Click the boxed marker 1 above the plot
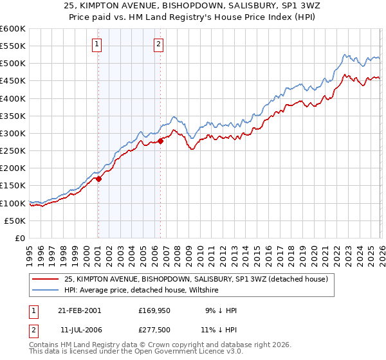click(96, 44)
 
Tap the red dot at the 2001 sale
click(98, 179)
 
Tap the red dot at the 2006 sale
click(161, 141)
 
